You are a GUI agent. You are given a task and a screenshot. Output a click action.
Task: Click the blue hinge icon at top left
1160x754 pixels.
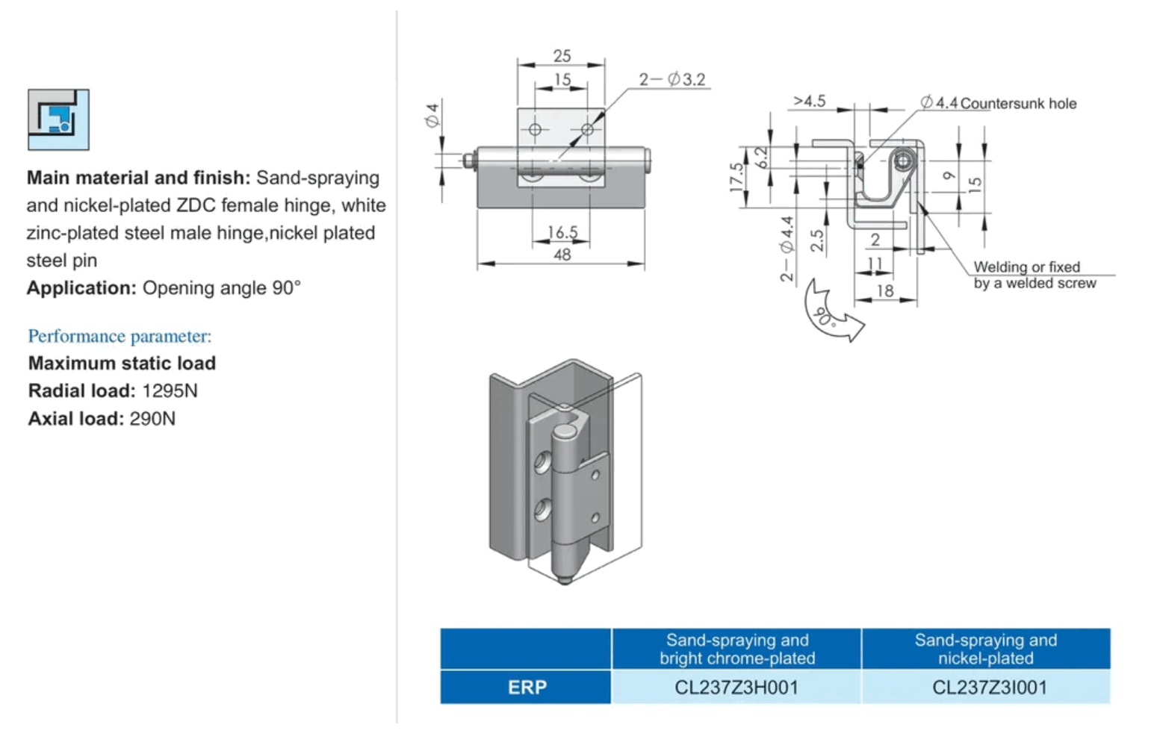pos(58,119)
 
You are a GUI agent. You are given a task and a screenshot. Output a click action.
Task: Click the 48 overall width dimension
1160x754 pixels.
pos(562,255)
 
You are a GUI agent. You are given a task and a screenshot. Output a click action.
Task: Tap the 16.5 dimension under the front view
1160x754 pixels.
pos(562,232)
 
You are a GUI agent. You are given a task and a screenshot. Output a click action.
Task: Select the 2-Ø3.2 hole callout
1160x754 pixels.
pos(672,79)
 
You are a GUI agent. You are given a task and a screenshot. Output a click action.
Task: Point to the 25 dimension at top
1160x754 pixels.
pos(562,56)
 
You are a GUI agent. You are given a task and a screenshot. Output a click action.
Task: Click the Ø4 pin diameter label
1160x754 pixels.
pos(432,116)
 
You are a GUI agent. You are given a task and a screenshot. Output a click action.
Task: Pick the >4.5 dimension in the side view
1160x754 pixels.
pos(809,101)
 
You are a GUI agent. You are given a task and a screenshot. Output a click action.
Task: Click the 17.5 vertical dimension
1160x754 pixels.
pos(736,177)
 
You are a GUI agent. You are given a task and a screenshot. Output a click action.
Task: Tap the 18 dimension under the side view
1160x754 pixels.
pos(884,290)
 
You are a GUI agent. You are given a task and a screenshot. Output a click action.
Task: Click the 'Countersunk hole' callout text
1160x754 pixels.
pos(1018,104)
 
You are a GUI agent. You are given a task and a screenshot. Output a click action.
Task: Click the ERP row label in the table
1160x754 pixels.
pos(527,687)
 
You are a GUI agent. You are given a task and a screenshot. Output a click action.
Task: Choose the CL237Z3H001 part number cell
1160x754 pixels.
pos(736,687)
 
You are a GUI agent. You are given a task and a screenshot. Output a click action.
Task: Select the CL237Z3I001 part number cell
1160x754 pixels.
pos(989,687)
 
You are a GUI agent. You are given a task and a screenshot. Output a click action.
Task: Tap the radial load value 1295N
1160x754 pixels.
pos(170,390)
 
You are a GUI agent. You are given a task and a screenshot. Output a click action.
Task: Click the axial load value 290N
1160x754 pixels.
pos(152,418)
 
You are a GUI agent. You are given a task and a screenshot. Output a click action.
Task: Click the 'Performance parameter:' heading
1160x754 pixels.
pos(120,336)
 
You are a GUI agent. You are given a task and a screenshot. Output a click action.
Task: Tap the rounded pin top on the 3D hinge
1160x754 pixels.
pos(565,431)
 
